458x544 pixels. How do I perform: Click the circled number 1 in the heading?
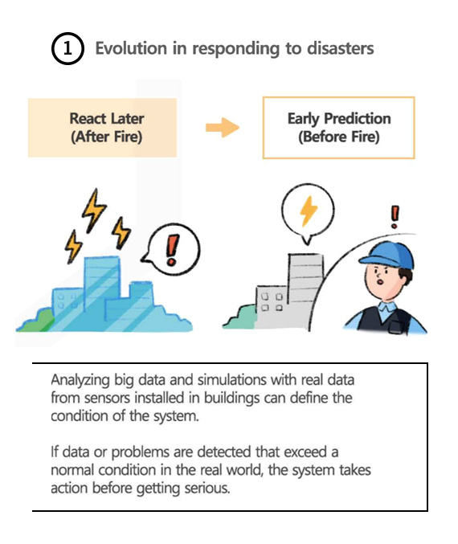pyautogui.click(x=67, y=48)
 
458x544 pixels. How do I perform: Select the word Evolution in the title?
pyautogui.click(x=131, y=48)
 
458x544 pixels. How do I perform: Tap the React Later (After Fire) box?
pyautogui.click(x=102, y=128)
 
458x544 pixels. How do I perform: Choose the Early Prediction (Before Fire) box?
pyautogui.click(x=338, y=128)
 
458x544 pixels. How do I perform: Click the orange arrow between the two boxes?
pyautogui.click(x=223, y=127)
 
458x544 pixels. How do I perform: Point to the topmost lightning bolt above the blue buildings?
pyautogui.click(x=94, y=211)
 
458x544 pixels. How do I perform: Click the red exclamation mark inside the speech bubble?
pyautogui.click(x=173, y=250)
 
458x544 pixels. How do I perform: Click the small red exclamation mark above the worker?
pyautogui.click(x=395, y=217)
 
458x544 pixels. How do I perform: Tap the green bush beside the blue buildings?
pyautogui.click(x=38, y=321)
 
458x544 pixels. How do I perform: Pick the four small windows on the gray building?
pyautogui.click(x=272, y=302)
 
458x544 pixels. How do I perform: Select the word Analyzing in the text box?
pyautogui.click(x=80, y=380)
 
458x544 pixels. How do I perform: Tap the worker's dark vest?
pyautogui.click(x=383, y=320)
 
